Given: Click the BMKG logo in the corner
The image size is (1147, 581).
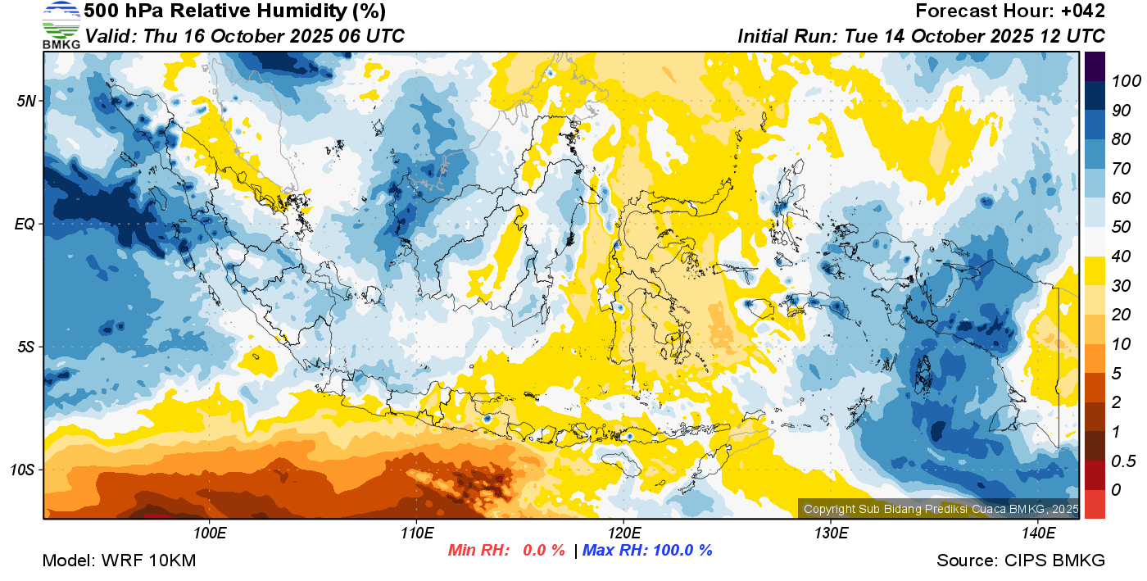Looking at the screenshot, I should (61, 25).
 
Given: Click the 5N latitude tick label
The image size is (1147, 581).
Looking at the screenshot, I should (25, 101).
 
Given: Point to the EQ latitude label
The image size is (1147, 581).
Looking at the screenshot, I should (25, 224).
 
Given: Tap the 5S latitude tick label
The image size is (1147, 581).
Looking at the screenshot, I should (25, 347).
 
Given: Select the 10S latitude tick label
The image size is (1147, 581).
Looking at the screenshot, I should (22, 470).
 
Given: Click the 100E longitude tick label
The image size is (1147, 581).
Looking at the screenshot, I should (210, 533).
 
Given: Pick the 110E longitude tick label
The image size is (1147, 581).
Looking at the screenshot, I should (417, 533).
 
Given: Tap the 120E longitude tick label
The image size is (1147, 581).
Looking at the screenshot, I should (623, 533).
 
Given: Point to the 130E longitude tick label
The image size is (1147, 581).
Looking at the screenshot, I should (831, 533).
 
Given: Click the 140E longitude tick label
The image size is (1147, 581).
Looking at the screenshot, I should (1038, 533).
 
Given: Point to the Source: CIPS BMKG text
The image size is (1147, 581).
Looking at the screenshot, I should (1021, 561).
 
